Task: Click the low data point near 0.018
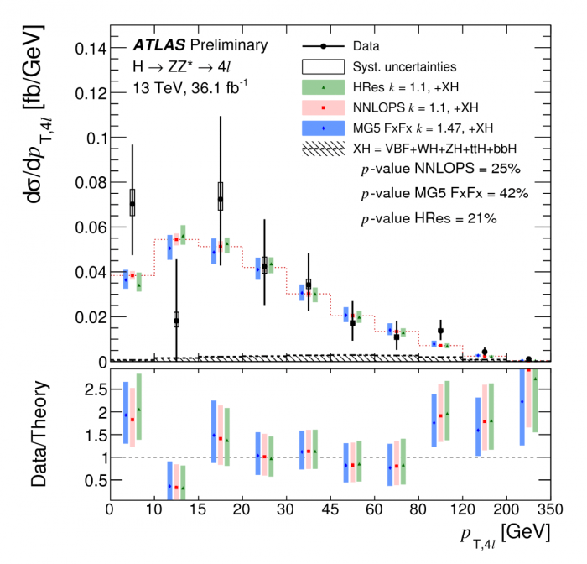tap(176, 320)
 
